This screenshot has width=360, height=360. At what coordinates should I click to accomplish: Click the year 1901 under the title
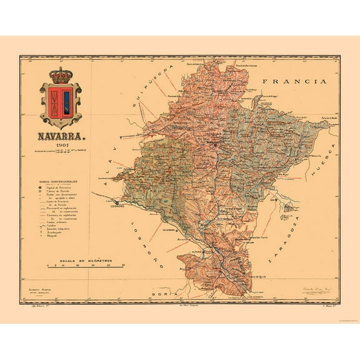61,144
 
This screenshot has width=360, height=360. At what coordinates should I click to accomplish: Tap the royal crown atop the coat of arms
61,75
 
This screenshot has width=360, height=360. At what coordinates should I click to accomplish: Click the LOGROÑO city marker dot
116,202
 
